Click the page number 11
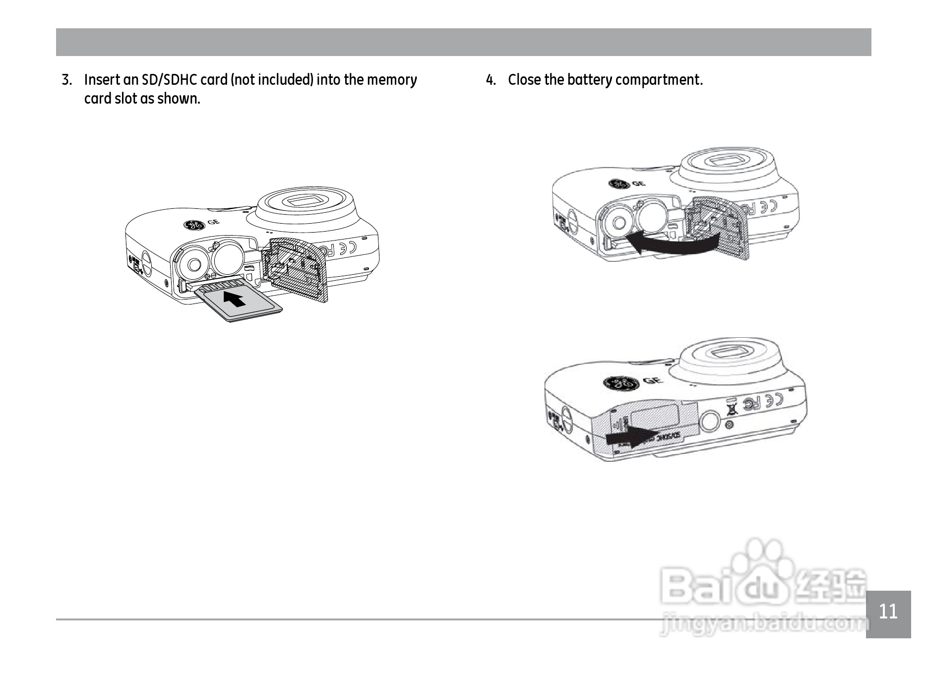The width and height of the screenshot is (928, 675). point(888,612)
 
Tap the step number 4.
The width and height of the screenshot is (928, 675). point(491,80)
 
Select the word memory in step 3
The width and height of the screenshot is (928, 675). point(391,80)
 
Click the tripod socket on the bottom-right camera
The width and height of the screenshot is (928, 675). point(710,421)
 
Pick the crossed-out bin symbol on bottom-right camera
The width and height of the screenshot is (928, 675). point(731,408)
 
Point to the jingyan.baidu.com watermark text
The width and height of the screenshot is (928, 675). point(764,626)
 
